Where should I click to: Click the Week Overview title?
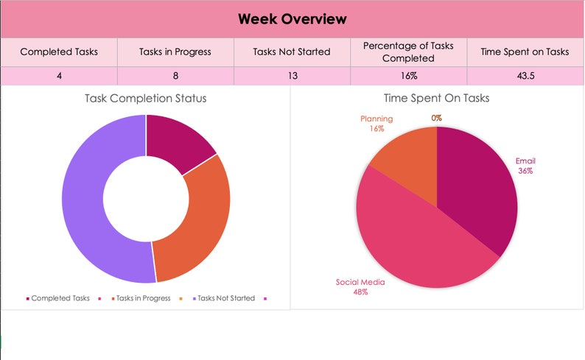coord(292,19)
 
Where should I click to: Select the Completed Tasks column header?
coord(59,52)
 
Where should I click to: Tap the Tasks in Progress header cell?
coord(175,52)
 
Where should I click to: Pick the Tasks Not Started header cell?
coord(292,52)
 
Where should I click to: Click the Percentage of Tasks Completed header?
coord(408,52)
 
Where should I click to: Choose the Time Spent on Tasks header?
coord(525,52)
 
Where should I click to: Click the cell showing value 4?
coord(59,76)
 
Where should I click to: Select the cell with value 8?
coord(175,76)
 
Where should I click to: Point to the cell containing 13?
coord(292,76)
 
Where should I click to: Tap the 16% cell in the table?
coord(408,76)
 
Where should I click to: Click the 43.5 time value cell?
coord(525,76)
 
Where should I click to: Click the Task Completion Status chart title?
coord(146,98)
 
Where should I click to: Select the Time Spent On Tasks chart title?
coord(437,98)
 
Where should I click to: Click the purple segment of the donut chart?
coord(85,213)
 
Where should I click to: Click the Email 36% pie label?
coord(525,165)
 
